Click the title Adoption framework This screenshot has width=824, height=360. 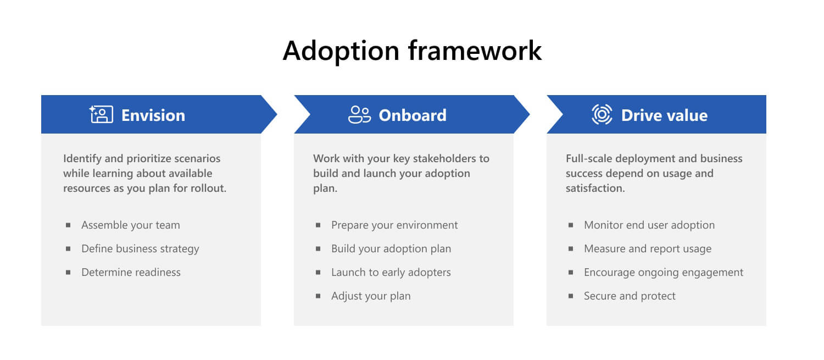pyautogui.click(x=412, y=51)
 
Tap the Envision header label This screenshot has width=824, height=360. pyautogui.click(x=153, y=115)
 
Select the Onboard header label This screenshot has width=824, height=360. pyautogui.click(x=412, y=115)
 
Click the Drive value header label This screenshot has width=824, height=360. pyautogui.click(x=664, y=115)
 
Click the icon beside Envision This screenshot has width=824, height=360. pyautogui.click(x=101, y=114)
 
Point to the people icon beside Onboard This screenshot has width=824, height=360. pyautogui.click(x=359, y=114)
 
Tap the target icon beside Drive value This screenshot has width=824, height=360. pyautogui.click(x=602, y=114)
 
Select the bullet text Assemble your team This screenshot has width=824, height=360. pyautogui.click(x=130, y=225)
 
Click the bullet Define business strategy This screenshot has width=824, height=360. pyautogui.click(x=140, y=248)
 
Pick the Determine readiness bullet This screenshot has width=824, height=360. pyautogui.click(x=131, y=272)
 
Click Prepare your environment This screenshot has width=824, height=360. pyautogui.click(x=394, y=225)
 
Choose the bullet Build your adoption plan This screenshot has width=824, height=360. pyautogui.click(x=391, y=248)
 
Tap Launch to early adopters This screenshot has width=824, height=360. pyautogui.click(x=391, y=272)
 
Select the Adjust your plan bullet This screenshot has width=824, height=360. pyautogui.click(x=371, y=296)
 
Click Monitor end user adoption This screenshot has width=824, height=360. pyautogui.click(x=649, y=225)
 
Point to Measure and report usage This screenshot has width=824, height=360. pyautogui.click(x=647, y=248)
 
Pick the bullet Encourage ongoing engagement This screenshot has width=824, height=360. pyautogui.click(x=663, y=272)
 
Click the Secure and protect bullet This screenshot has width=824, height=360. pyautogui.click(x=630, y=296)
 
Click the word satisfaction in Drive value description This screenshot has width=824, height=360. pyautogui.click(x=594, y=188)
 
